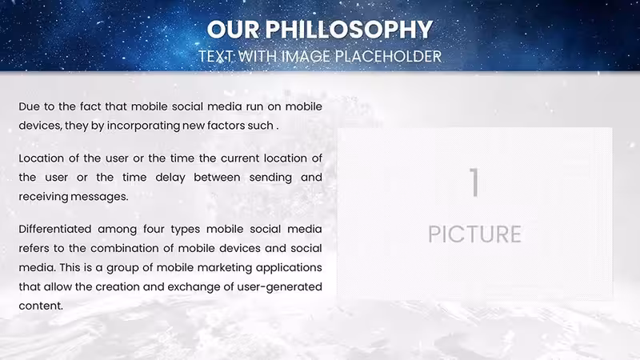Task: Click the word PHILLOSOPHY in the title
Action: coord(349,30)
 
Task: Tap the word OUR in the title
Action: coord(233,30)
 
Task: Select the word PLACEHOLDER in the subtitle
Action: coord(388,56)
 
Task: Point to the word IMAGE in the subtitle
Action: coord(306,56)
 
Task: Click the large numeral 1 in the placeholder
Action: coord(474,182)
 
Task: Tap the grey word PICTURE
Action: coord(474,234)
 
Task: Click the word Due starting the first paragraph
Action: coord(29,106)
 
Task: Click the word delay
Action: coord(170,178)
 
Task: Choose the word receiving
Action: coord(43,197)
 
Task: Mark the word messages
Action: coord(99,197)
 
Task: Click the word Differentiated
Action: coord(55,229)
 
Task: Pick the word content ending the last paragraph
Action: coord(41,306)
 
